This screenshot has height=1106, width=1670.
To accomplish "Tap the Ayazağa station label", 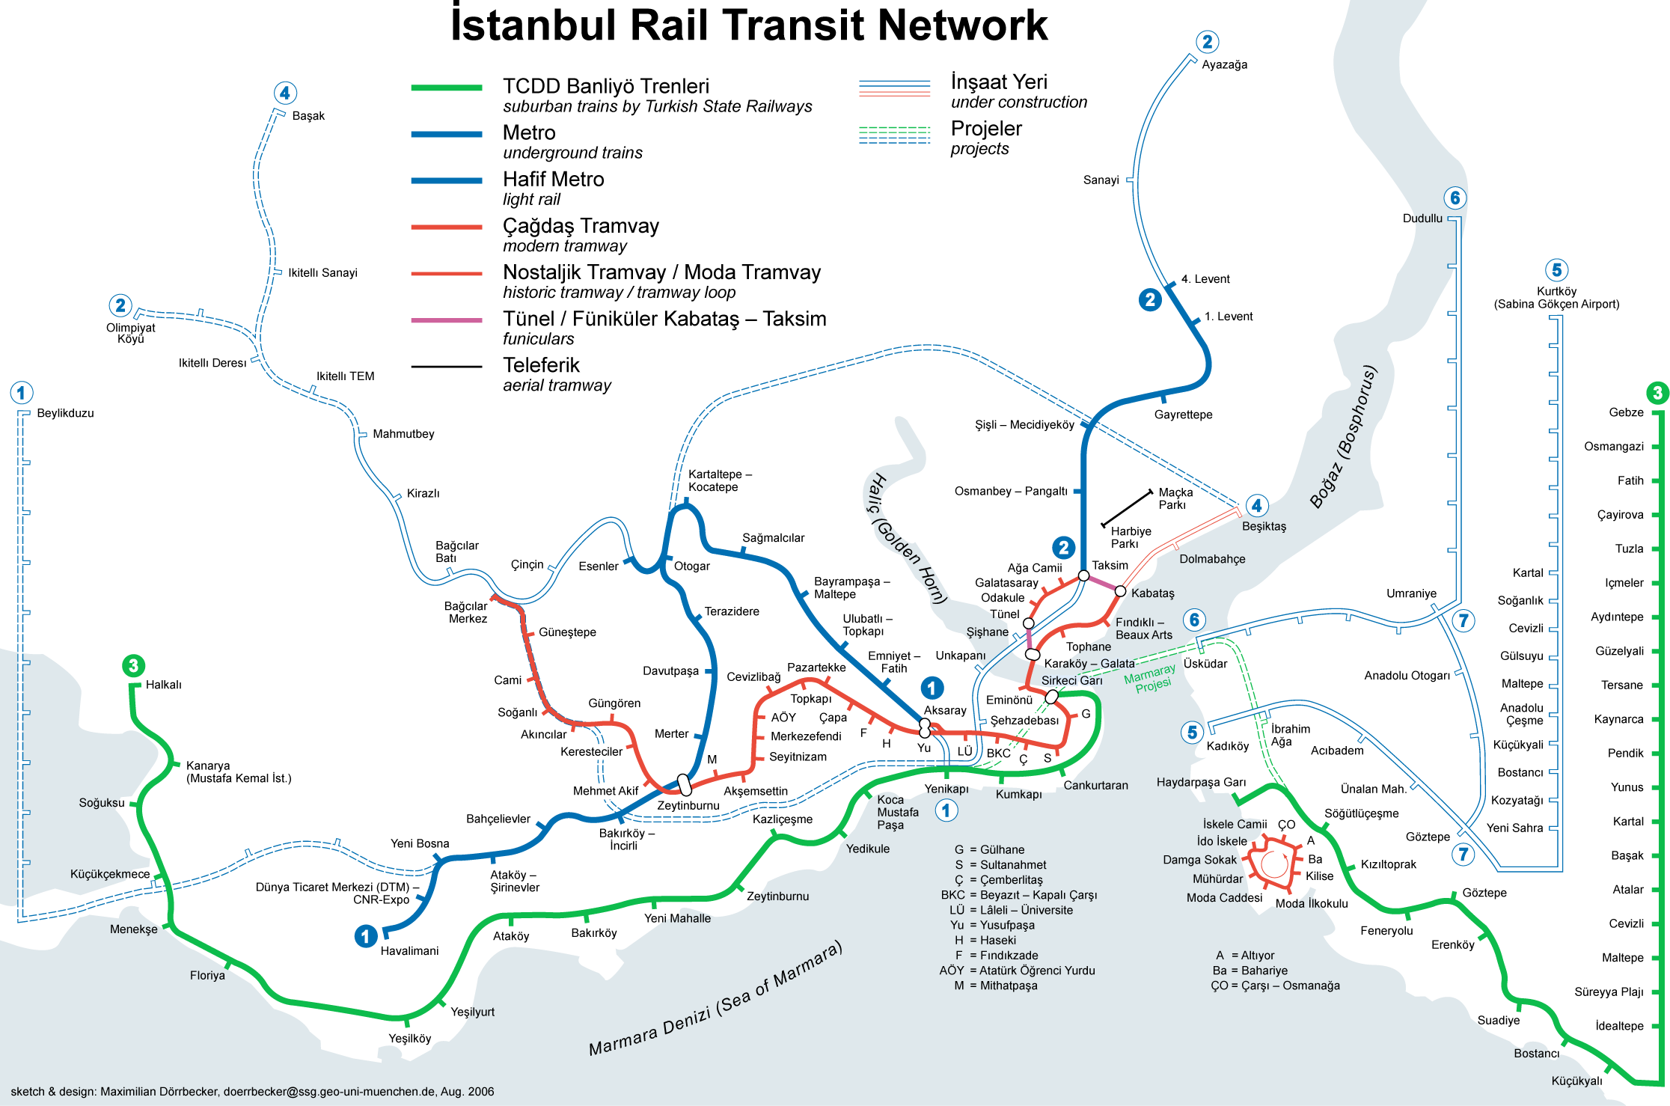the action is [x=1225, y=65].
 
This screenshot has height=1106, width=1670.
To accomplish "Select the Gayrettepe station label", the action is [x=1183, y=415].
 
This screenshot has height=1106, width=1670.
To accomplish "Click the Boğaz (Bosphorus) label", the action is [x=1344, y=436].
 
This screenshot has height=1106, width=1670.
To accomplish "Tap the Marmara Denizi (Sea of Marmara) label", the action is [x=716, y=998].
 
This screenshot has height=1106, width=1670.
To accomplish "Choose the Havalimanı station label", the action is [x=409, y=951].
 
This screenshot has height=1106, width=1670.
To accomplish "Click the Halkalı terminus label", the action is [x=163, y=685].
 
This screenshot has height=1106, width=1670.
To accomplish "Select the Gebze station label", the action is [x=1626, y=412].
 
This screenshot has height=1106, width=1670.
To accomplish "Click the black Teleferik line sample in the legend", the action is [x=447, y=367].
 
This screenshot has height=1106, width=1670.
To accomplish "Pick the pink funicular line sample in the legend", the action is [x=447, y=320].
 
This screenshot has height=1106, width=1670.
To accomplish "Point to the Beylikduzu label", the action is [x=66, y=413].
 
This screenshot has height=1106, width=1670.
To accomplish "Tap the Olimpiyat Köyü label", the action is [x=131, y=333].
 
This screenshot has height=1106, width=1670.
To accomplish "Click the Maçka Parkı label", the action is [x=1175, y=498].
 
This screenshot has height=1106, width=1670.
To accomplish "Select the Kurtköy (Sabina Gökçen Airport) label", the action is [x=1556, y=298].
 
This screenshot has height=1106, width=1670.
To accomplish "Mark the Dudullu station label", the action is [x=1422, y=219].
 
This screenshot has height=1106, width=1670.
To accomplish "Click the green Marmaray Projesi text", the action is [x=1151, y=678].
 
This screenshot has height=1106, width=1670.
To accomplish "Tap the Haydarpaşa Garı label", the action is [x=1201, y=782].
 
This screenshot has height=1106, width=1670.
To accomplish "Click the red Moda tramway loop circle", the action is [x=1273, y=864].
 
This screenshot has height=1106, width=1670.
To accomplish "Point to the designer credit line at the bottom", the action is [x=252, y=1092].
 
